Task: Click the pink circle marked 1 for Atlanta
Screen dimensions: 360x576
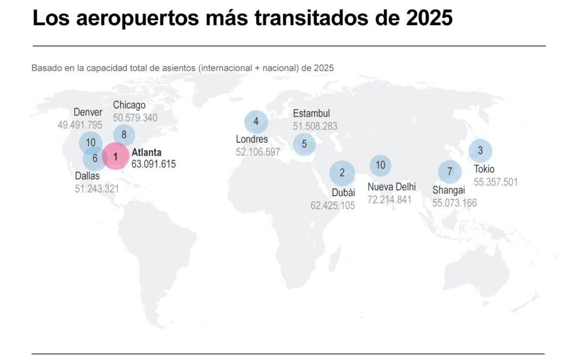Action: [115, 156]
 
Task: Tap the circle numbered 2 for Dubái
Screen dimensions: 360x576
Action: [342, 172]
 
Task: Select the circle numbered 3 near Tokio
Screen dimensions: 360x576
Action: [480, 150]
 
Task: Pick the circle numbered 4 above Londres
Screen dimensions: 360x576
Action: [256, 121]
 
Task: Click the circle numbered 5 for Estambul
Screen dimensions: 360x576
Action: [305, 143]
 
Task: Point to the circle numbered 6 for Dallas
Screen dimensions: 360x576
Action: [95, 158]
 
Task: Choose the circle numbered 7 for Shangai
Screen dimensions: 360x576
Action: [450, 172]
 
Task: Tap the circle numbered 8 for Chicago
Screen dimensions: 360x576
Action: [124, 134]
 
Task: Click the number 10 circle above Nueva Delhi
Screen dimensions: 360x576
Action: [380, 165]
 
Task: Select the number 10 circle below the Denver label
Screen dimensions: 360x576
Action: [90, 142]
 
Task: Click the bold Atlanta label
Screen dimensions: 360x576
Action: [146, 153]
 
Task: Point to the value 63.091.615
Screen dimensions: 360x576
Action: [154, 164]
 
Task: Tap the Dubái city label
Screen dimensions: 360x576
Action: [343, 193]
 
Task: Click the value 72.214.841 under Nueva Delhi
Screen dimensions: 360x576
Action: [389, 199]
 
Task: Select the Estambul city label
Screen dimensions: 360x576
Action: [311, 114]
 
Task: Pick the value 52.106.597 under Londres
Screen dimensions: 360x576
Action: [258, 152]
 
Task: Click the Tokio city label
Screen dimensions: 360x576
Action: [484, 170]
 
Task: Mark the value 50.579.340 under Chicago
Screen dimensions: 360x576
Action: [135, 117]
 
